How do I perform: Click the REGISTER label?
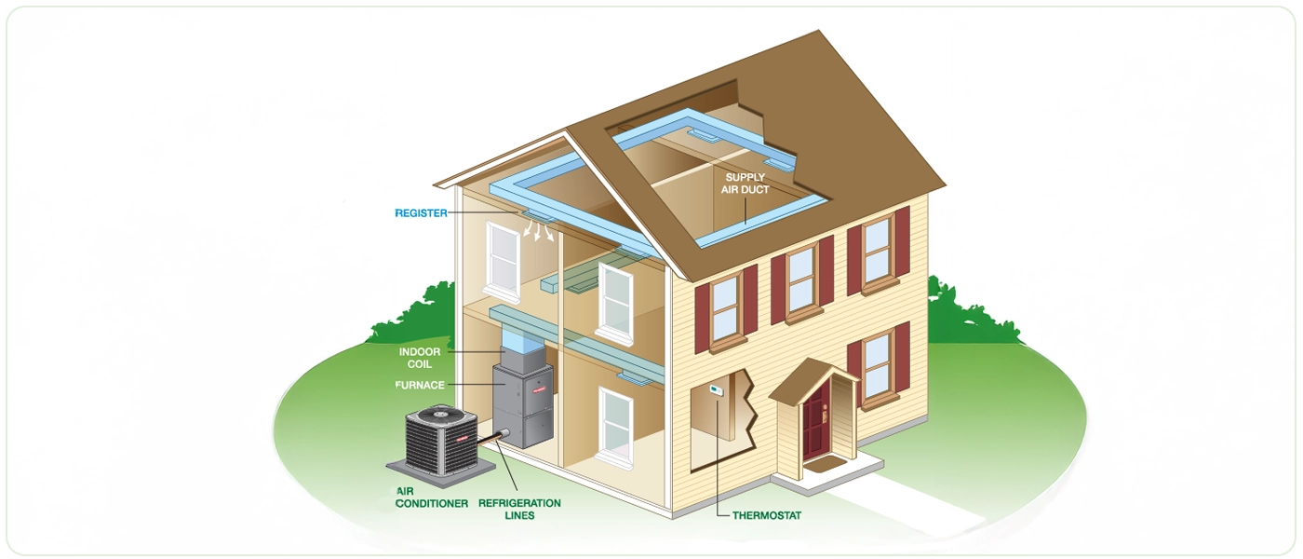(x=421, y=213)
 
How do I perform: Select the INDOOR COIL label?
(x=420, y=358)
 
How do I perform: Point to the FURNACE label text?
(x=420, y=385)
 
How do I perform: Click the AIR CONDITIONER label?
(x=431, y=498)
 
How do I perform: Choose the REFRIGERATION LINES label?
(x=519, y=509)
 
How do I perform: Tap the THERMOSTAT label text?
(x=766, y=515)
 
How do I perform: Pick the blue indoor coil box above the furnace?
(x=522, y=349)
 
